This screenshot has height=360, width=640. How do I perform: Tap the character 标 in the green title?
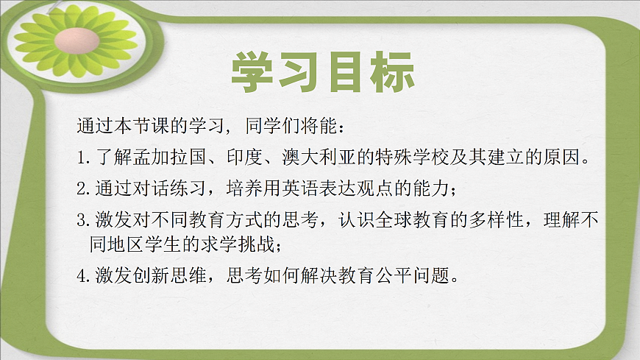tap(391, 74)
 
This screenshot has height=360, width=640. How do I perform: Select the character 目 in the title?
tap(345, 74)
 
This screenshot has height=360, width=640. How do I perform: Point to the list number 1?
tap(81, 157)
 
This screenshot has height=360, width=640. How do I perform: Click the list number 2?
tap(82, 188)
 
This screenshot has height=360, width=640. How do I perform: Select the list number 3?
tap(82, 220)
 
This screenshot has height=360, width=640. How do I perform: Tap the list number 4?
tap(82, 276)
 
